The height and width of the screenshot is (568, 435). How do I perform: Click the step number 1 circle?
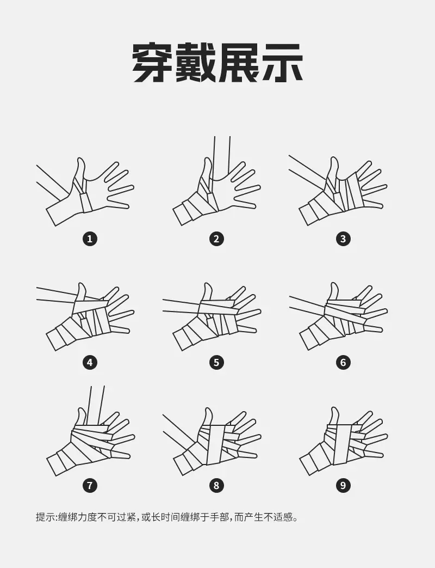(x=90, y=239)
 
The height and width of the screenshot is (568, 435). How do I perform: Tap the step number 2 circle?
(x=216, y=239)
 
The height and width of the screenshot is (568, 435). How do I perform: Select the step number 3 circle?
(x=343, y=239)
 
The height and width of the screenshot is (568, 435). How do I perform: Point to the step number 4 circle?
(x=90, y=362)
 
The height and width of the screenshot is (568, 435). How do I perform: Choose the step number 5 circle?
(x=216, y=362)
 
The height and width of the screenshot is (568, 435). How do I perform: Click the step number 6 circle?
(x=343, y=362)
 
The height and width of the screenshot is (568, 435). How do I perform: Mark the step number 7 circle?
(x=90, y=485)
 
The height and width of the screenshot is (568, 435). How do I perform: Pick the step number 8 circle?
(x=216, y=485)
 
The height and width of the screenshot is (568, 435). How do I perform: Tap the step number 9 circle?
(x=343, y=485)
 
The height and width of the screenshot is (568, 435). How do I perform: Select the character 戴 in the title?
(x=196, y=63)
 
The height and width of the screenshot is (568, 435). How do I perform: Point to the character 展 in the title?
(x=239, y=63)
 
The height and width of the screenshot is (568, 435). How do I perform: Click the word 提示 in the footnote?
(x=46, y=517)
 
